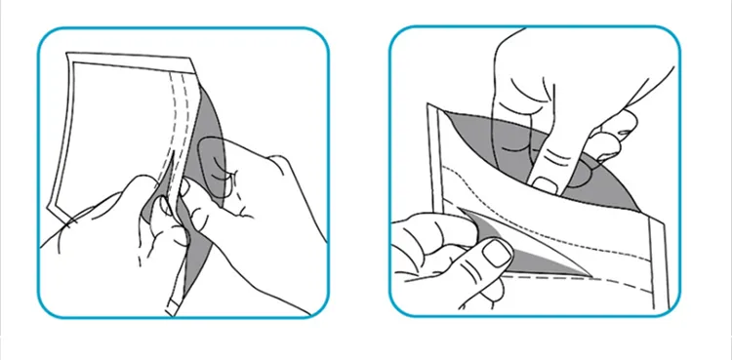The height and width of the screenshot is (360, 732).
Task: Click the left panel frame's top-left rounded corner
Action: click(45, 34)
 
